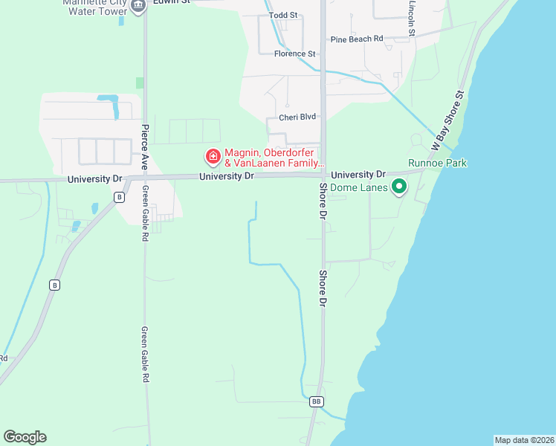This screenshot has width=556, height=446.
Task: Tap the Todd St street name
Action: pos(283,15)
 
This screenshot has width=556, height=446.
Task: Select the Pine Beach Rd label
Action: pos(357,39)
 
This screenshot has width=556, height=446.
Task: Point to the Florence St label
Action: pos(295,54)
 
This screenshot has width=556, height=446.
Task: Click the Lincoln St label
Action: pos(411,16)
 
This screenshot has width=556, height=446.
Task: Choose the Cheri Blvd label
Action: pos(297,117)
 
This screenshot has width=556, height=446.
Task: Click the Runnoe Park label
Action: pos(438,163)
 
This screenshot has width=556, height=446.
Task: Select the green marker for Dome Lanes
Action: pos(399,187)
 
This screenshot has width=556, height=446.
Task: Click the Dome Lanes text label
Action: pos(359,188)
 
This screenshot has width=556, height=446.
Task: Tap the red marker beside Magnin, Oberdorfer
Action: pos(213,157)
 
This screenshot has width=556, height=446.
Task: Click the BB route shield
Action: pos(317,401)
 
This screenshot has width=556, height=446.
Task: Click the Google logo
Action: pos(25,437)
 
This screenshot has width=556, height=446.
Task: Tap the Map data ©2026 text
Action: pos(524,439)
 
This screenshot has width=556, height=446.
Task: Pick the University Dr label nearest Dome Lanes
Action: pos(358,175)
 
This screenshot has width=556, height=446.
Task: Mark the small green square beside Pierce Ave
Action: pos(140,83)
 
